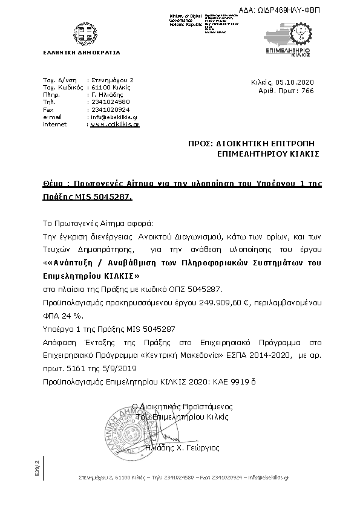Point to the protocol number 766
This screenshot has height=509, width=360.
(307, 90)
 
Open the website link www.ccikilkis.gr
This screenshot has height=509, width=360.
(114, 124)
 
